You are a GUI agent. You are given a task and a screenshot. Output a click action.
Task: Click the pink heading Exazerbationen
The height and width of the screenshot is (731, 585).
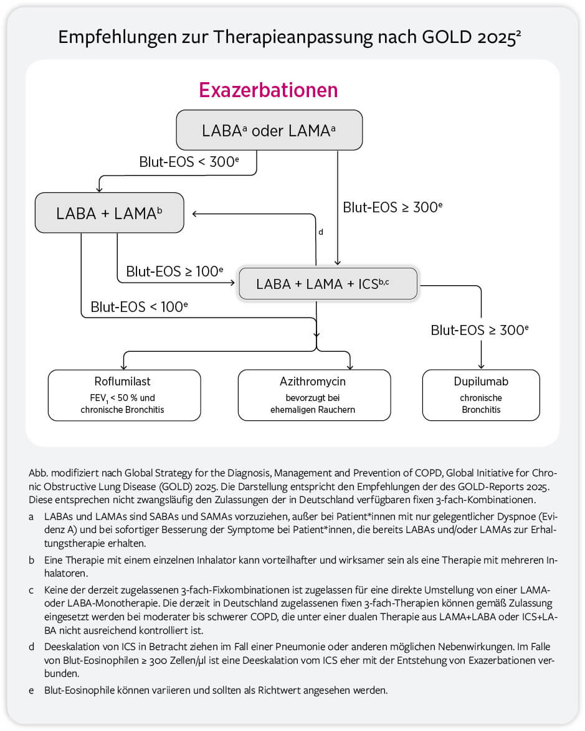[268, 90]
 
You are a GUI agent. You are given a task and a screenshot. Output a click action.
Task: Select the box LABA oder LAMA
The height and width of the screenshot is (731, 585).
[269, 130]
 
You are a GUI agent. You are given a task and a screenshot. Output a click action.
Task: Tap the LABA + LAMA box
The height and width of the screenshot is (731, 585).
[110, 212]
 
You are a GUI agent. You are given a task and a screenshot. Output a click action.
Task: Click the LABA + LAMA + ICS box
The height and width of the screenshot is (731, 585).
[328, 284]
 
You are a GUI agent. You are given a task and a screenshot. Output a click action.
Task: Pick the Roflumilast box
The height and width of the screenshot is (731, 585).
[124, 395]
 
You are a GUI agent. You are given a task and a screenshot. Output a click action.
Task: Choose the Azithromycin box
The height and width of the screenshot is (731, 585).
[314, 395]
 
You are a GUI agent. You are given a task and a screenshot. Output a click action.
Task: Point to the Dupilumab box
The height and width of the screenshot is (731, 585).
[481, 395]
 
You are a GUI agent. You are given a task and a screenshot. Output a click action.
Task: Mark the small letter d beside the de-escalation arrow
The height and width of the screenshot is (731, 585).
[321, 232]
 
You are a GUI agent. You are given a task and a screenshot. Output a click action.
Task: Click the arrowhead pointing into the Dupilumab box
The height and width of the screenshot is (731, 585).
[481, 366]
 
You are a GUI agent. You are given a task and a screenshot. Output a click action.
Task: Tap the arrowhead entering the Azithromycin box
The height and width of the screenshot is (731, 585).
[351, 366]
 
